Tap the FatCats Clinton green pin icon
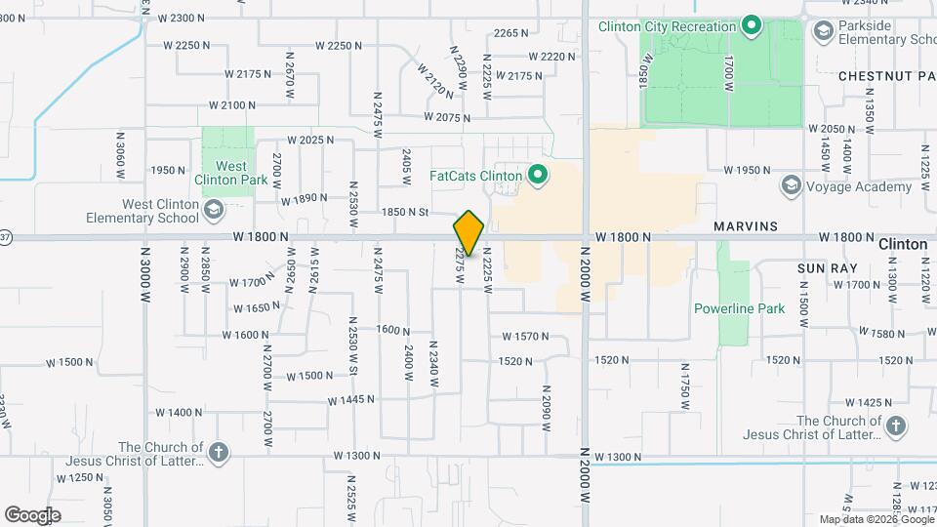coord(536,177)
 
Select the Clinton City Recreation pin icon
coord(751,26)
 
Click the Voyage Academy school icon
coord(791,185)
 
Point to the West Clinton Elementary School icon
coord(213,210)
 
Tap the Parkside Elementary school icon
coord(825,33)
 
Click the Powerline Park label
coord(739,308)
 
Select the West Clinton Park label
coord(231,173)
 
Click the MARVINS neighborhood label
coord(745,226)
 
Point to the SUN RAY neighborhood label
coord(827,266)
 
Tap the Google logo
coord(32,515)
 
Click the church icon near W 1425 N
coord(895,425)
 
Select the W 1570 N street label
coord(526,336)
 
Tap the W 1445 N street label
coord(351,400)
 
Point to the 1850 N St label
coord(405,212)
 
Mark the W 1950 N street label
coord(747,170)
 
